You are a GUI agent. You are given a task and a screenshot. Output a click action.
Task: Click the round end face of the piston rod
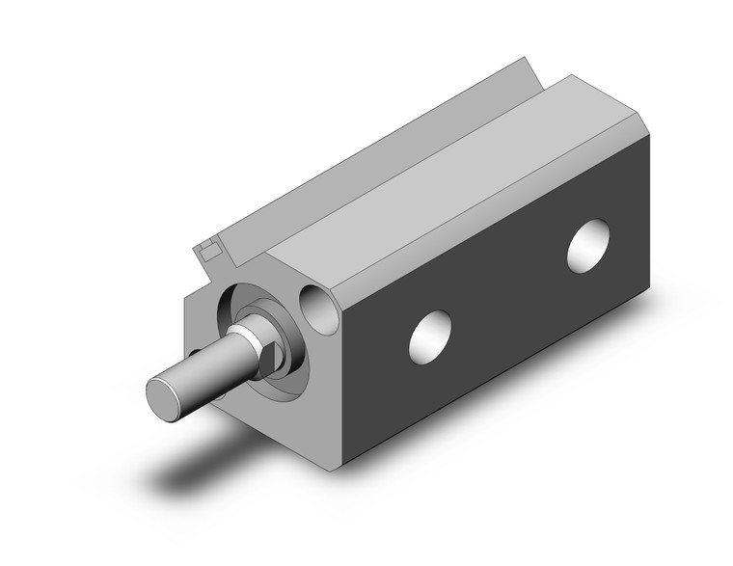pos(165,396)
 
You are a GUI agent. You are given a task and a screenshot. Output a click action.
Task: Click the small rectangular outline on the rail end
pos(206,252)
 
